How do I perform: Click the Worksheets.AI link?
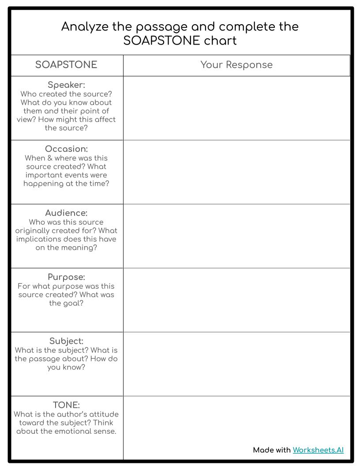point(318,450)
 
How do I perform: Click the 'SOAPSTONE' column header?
point(66,65)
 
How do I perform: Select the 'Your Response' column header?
point(236,65)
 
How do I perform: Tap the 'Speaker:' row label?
point(66,85)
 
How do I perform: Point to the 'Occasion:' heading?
point(66,149)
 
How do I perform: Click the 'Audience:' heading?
point(66,213)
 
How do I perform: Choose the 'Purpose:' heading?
point(66,277)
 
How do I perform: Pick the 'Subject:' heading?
point(66,341)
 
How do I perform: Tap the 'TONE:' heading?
point(66,405)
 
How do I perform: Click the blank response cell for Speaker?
point(236,108)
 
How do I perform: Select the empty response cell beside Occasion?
point(236,172)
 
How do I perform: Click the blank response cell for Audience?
point(236,236)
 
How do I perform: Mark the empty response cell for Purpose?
point(236,300)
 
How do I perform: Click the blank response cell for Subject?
point(236,364)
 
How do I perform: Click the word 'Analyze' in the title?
point(84,27)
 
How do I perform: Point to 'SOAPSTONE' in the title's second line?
point(161,41)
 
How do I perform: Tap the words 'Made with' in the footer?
point(271,450)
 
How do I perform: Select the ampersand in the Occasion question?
point(49,158)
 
